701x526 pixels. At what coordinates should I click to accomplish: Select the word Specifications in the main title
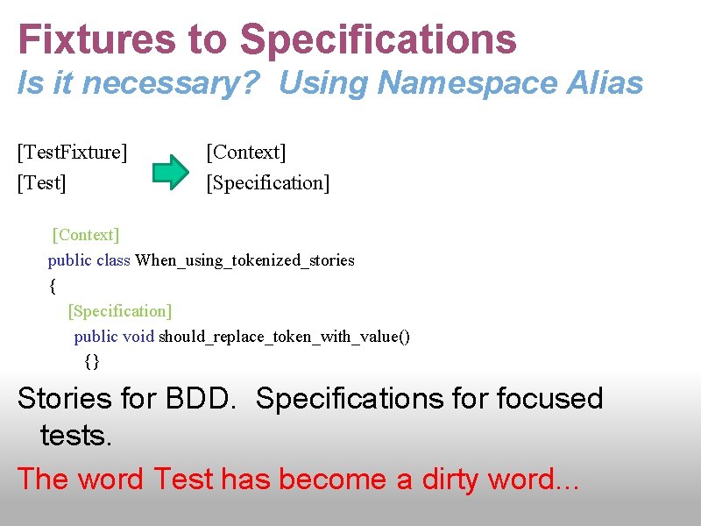pyautogui.click(x=378, y=39)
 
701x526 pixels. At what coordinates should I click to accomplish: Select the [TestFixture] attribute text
pyautogui.click(x=73, y=153)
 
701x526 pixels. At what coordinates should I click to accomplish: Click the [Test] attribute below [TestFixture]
pyautogui.click(x=43, y=183)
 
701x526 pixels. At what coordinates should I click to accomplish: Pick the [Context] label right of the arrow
pyautogui.click(x=246, y=153)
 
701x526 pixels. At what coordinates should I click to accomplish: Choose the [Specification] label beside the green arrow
pyautogui.click(x=268, y=183)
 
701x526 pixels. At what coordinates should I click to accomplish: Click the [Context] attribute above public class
pyautogui.click(x=86, y=235)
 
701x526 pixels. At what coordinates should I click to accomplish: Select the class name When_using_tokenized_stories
pyautogui.click(x=245, y=260)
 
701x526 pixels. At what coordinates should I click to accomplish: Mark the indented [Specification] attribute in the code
pyautogui.click(x=120, y=311)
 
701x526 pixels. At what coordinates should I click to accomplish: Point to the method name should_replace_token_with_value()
pyautogui.click(x=284, y=337)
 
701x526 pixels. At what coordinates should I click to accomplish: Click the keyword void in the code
pyautogui.click(x=138, y=337)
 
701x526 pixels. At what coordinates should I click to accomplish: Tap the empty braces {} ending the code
pyautogui.click(x=93, y=361)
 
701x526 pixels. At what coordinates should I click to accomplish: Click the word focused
pyautogui.click(x=549, y=399)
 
